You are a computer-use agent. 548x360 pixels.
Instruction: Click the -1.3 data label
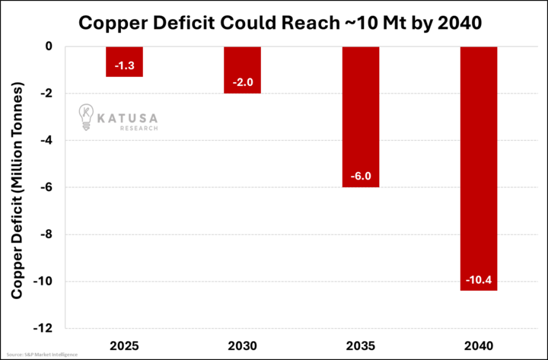click(x=124, y=67)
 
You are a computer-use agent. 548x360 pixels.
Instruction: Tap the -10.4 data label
click(x=479, y=281)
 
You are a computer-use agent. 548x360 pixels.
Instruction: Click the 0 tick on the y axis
click(x=48, y=46)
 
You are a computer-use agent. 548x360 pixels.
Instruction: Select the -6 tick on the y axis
click(x=45, y=187)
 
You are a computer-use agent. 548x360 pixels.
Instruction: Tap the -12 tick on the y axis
click(x=42, y=328)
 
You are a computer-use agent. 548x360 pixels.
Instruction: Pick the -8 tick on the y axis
click(x=45, y=234)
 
